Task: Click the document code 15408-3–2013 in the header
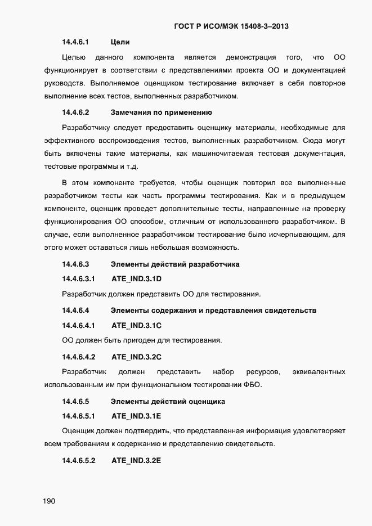click(265, 26)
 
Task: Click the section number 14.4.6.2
click(75, 112)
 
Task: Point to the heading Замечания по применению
click(161, 112)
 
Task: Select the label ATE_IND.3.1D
click(137, 278)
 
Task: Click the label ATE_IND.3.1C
click(137, 325)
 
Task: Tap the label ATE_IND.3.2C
click(137, 357)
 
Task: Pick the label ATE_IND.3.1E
click(137, 416)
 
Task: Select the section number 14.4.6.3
click(75, 264)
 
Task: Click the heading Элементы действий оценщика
click(168, 402)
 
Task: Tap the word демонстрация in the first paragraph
click(250, 57)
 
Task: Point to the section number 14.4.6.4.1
click(78, 325)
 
